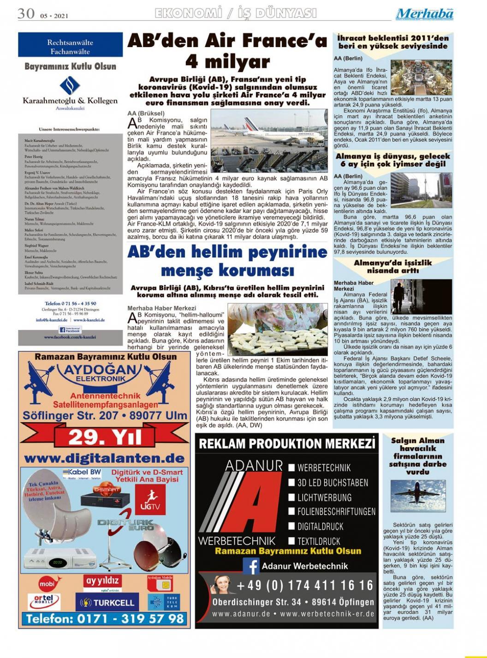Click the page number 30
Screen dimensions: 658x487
26,13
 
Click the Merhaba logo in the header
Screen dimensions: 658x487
424,14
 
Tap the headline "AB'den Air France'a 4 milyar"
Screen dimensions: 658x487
227,51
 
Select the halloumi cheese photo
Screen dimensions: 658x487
278,329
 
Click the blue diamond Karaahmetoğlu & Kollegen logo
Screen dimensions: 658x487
70,86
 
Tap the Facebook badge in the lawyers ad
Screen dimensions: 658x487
70,330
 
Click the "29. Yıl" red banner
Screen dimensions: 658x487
104,437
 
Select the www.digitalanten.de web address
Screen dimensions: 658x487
104,458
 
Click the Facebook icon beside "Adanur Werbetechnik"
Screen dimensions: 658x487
251,566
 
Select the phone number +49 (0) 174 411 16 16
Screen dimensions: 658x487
305,586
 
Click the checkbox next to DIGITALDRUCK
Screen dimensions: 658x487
291,526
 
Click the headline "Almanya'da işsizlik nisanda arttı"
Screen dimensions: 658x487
393,267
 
